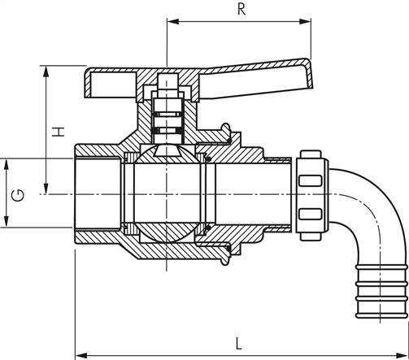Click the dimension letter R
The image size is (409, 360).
(x=241, y=9)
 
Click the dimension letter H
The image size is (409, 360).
(x=58, y=132)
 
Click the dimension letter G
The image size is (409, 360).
(x=18, y=196)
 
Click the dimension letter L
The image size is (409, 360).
(x=238, y=343)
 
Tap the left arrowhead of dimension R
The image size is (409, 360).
(x=172, y=21)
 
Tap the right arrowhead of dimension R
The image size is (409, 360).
(x=305, y=21)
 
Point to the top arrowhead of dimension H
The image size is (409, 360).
(x=46, y=72)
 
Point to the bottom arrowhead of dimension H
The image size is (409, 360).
(x=46, y=189)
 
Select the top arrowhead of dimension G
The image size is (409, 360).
(x=7, y=164)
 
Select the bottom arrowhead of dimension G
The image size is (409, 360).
(x=7, y=221)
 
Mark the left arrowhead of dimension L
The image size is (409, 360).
(x=80, y=355)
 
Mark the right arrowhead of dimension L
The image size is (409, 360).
(x=402, y=355)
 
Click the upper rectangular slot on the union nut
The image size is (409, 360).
(x=311, y=180)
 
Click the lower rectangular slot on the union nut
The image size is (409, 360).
(x=311, y=214)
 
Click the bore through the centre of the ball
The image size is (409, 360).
(x=167, y=193)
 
